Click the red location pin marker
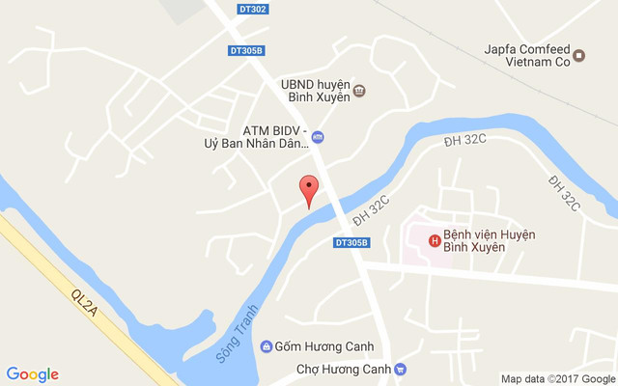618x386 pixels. click(308, 189)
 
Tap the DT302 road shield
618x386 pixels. click(252, 10)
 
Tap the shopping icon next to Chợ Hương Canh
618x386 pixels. click(401, 370)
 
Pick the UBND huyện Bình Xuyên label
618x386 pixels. click(314, 91)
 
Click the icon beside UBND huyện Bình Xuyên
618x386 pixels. click(359, 91)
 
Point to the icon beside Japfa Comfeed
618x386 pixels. click(579, 56)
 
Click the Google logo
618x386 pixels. click(32, 374)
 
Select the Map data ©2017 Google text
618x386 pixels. click(557, 377)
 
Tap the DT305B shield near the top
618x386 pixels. click(248, 50)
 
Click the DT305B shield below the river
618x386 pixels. click(351, 242)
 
